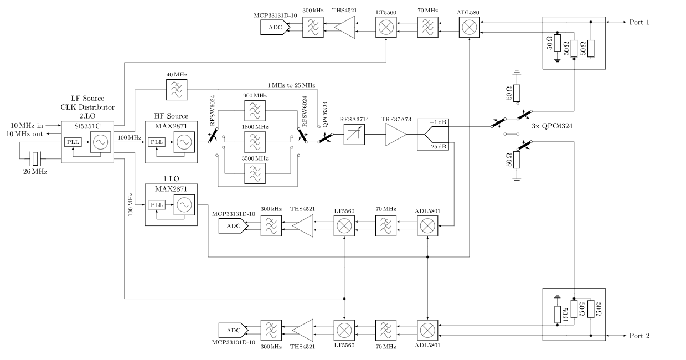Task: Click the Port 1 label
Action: click(x=639, y=22)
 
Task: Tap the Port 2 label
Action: click(x=639, y=336)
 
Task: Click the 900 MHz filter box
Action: click(x=255, y=111)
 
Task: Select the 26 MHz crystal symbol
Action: click(x=36, y=159)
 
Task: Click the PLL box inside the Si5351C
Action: click(x=73, y=142)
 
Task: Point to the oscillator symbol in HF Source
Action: click(x=183, y=142)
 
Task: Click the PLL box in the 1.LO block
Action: click(x=157, y=205)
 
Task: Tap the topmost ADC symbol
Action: click(x=274, y=27)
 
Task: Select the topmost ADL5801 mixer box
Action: click(x=470, y=27)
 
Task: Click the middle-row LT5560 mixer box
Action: click(x=344, y=226)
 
